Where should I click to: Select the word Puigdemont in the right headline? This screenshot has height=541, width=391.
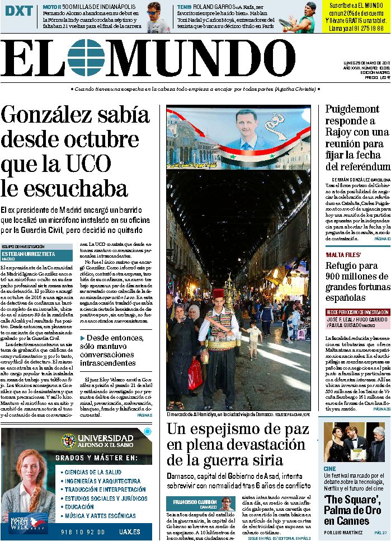(352, 109)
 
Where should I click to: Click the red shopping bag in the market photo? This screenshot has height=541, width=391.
(195, 374)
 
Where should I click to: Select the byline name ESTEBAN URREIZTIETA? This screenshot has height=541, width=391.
(29, 254)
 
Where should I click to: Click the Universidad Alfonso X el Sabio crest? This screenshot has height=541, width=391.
(68, 441)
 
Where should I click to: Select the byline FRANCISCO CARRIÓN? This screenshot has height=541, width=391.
(196, 502)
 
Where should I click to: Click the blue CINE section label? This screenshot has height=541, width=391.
(329, 469)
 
